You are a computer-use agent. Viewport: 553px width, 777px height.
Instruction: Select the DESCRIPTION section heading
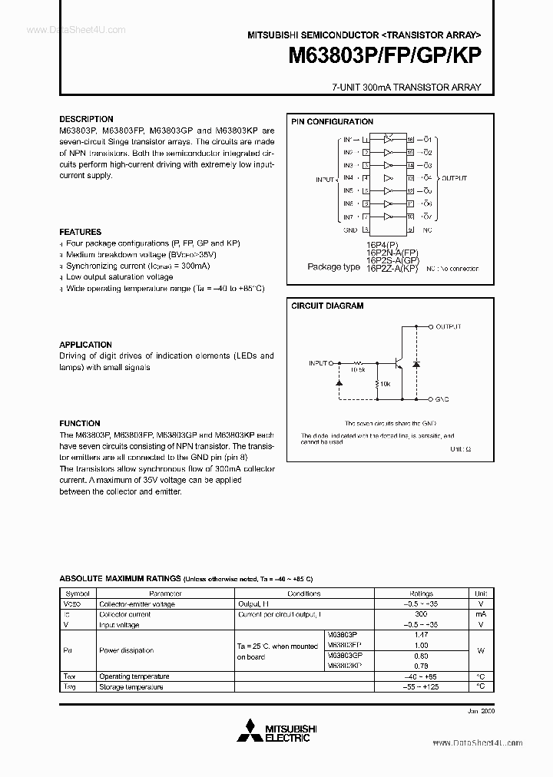click(87, 120)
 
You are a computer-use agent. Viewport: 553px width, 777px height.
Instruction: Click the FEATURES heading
click(81, 232)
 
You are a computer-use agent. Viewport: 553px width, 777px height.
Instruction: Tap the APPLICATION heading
click(86, 345)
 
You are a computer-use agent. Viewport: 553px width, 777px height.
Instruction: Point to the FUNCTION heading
click(80, 423)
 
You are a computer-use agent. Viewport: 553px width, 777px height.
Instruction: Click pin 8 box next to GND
click(366, 229)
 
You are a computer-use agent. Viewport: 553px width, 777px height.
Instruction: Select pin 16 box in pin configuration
click(411, 140)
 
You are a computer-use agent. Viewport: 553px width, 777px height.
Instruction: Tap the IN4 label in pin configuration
click(348, 177)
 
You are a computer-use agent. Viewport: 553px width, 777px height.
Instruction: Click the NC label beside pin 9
click(428, 229)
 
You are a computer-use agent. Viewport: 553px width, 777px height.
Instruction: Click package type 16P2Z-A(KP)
click(392, 268)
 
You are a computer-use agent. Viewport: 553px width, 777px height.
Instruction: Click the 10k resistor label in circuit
click(385, 382)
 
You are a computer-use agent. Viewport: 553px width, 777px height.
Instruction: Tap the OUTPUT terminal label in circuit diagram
click(449, 326)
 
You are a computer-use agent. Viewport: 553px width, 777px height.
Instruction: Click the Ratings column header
click(421, 593)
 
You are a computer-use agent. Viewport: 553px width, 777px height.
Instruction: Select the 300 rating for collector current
click(421, 615)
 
